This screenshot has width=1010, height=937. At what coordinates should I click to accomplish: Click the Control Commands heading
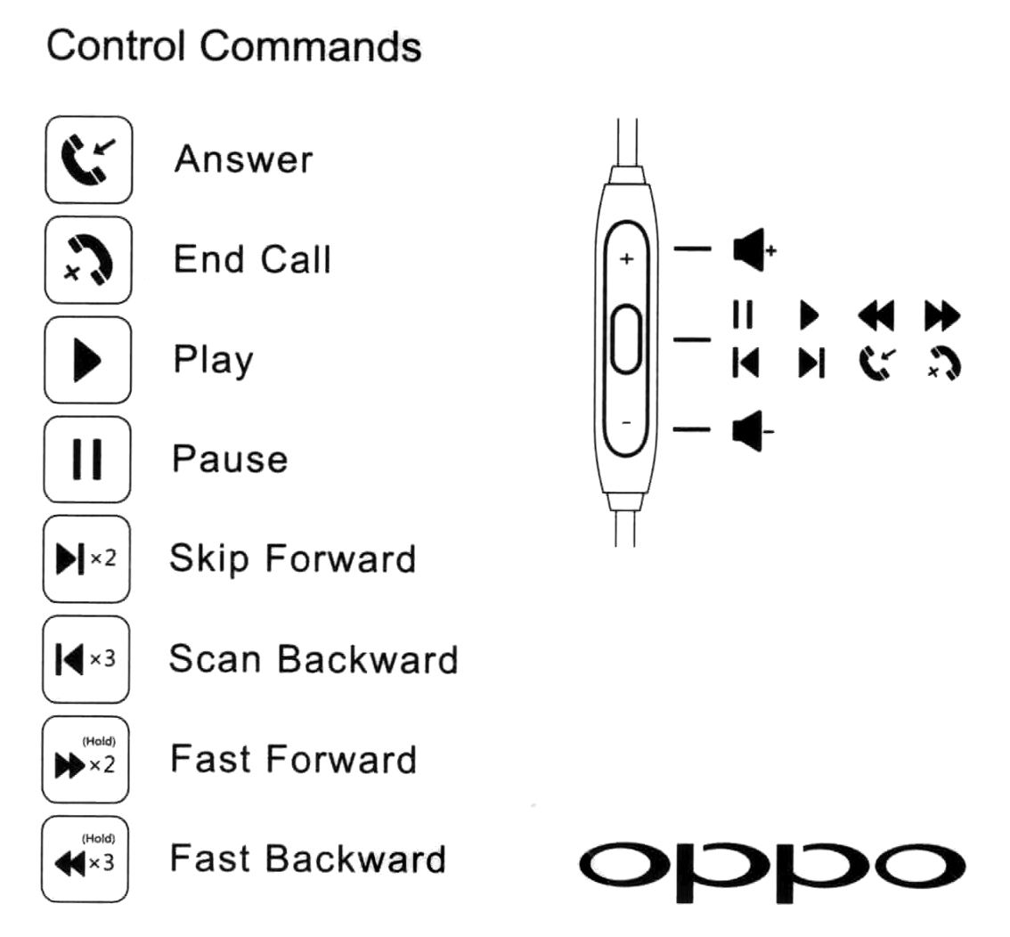[x=234, y=45]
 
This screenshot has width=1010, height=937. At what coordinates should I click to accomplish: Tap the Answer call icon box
[x=88, y=159]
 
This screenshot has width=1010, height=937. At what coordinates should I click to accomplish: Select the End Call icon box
[x=88, y=260]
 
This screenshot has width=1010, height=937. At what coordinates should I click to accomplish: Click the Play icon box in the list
[x=88, y=360]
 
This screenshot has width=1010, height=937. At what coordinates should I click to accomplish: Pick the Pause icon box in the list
[x=88, y=460]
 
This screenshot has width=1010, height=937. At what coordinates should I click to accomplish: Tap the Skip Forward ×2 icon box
[x=87, y=559]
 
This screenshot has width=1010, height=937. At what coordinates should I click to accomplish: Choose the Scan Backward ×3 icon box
[x=87, y=660]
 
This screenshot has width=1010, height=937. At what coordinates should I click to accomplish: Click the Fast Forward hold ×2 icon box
[x=86, y=760]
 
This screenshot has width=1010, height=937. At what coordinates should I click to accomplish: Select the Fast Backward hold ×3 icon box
[x=86, y=860]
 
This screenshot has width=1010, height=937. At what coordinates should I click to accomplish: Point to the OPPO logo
[x=771, y=860]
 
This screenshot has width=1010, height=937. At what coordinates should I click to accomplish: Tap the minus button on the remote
[x=626, y=421]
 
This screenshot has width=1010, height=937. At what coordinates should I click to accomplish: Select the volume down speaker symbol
[x=751, y=432]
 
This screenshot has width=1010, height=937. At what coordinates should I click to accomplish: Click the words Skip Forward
[x=293, y=559]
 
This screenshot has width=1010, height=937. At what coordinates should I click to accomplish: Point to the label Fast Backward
[x=308, y=860]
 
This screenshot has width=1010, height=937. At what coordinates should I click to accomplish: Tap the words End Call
[x=252, y=260]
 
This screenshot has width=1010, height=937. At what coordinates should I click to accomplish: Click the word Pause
[x=230, y=460]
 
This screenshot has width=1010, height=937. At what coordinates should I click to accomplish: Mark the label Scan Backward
[x=313, y=660]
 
